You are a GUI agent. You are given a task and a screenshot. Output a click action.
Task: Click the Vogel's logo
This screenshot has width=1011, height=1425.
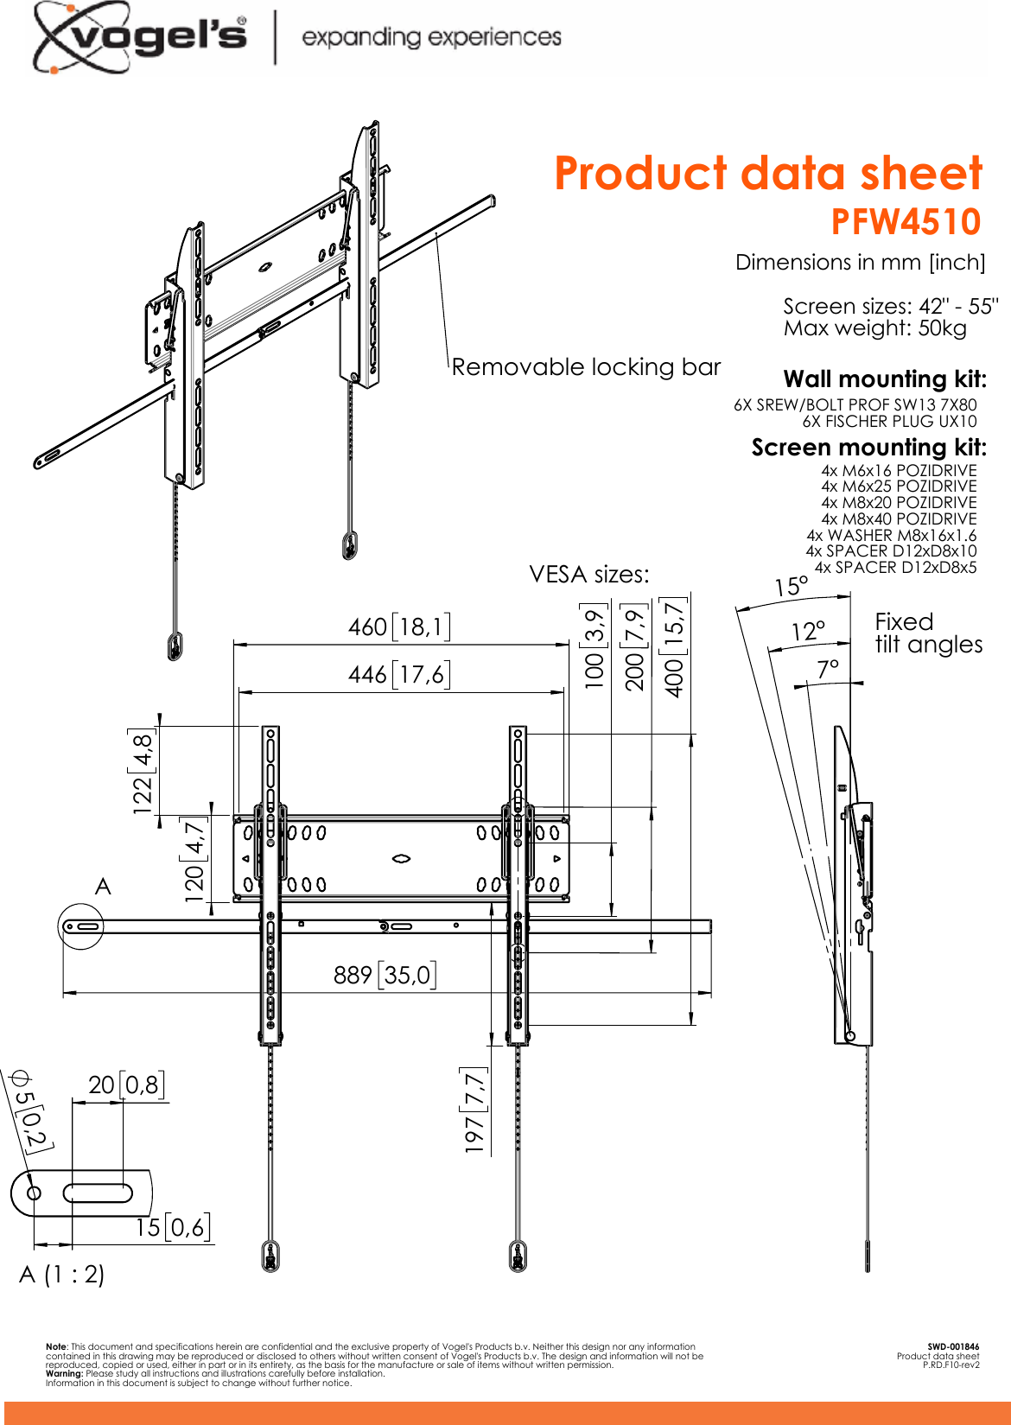[x=141, y=36]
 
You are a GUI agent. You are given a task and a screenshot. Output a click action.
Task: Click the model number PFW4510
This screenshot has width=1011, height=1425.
[x=906, y=222]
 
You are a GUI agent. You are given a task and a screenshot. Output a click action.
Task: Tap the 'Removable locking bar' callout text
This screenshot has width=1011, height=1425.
[x=586, y=367]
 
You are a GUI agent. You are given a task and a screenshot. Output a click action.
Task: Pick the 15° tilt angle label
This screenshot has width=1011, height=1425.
[x=791, y=587]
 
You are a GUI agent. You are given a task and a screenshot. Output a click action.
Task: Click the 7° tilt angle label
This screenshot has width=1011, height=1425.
[x=827, y=669]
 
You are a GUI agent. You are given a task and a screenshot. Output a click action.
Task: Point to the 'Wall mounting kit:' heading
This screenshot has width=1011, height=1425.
[x=884, y=379]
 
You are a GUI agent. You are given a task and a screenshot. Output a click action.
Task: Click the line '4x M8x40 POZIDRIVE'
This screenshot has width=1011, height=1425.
[x=899, y=518]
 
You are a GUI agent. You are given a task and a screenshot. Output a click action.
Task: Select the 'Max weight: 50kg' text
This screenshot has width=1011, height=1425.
[x=874, y=328]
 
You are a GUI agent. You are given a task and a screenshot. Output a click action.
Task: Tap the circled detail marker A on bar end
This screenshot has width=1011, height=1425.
[x=81, y=926]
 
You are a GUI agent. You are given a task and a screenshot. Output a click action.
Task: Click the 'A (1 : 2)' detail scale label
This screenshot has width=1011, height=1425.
[x=62, y=1274]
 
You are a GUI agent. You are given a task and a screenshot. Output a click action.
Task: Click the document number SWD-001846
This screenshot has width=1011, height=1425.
[x=953, y=1346]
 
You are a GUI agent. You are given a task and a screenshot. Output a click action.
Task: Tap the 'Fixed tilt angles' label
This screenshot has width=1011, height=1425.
[x=927, y=633]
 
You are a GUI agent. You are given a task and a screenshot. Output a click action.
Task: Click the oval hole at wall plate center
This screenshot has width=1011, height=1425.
[x=401, y=858]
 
